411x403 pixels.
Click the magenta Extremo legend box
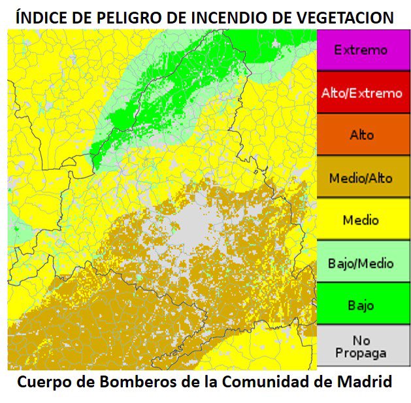tap(361, 50)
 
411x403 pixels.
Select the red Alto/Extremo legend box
tap(361, 93)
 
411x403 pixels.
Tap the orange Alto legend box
tap(361, 135)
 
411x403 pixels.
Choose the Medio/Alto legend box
tap(361, 178)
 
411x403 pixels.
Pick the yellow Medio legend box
tap(361, 220)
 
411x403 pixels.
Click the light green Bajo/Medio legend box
tap(361, 263)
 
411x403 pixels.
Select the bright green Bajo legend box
tap(361, 304)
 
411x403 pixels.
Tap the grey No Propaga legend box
tap(361, 347)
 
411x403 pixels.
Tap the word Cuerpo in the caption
tap(44, 382)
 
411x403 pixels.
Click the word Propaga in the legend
tap(361, 353)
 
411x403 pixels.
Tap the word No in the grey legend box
tap(361, 340)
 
